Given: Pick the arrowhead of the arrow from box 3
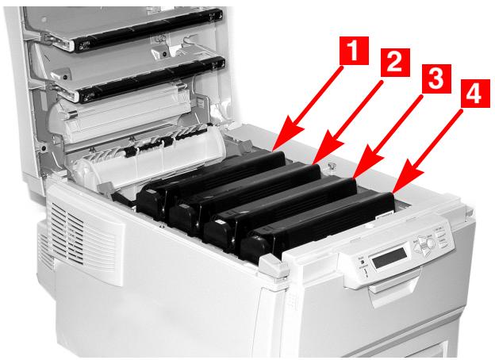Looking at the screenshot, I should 352,179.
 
